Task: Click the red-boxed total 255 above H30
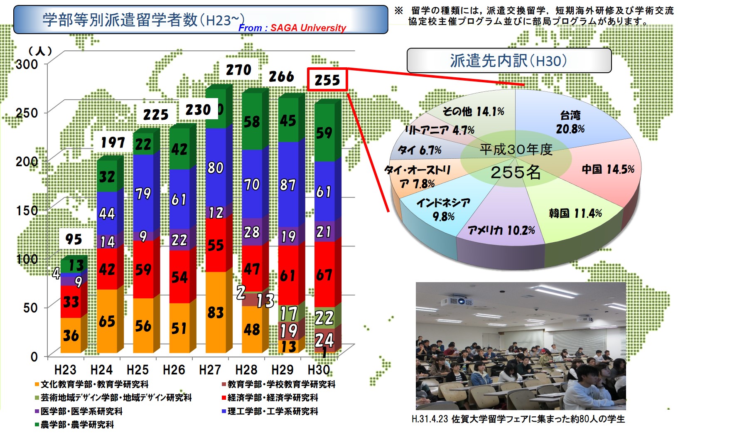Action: tap(327, 79)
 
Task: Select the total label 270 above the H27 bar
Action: tap(238, 70)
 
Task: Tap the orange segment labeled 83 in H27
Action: tap(216, 312)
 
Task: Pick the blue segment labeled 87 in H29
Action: tap(288, 184)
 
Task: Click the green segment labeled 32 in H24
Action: tap(107, 176)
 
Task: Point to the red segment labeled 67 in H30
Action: tap(324, 275)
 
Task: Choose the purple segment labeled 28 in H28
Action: tap(252, 232)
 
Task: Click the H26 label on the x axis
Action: tap(174, 369)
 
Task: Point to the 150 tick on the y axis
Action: tap(27, 210)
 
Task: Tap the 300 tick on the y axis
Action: tap(27, 64)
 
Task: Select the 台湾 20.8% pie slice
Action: tap(569, 121)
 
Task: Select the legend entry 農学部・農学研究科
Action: tap(74, 425)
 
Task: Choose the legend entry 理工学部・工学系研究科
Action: tap(270, 411)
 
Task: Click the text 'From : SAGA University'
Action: tap(292, 28)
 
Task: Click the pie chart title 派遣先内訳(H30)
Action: tap(509, 61)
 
